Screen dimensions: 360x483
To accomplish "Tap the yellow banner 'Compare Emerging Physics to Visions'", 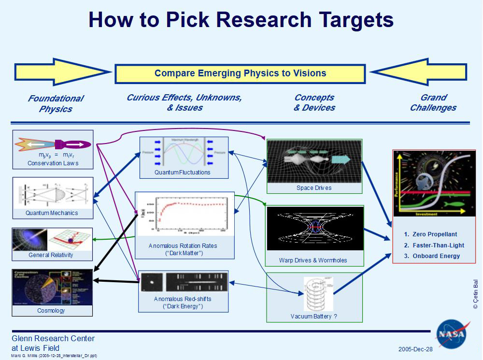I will [x=240, y=73].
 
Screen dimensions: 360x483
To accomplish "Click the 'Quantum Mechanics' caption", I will [x=52, y=213].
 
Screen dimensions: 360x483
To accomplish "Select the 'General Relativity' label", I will [x=52, y=255].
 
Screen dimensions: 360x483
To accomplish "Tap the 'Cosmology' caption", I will [x=51, y=310].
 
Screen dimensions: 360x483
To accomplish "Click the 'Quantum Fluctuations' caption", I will [x=183, y=172].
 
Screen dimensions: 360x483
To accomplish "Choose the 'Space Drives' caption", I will [x=314, y=188].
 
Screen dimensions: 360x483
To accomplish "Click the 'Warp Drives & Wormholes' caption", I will [x=313, y=260].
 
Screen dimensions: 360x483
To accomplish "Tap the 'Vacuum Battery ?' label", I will [x=314, y=317].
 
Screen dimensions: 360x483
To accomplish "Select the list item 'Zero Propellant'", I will [x=434, y=234].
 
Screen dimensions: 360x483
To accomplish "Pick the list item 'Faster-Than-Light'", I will [x=436, y=245].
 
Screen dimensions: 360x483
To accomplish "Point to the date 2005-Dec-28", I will [x=415, y=349].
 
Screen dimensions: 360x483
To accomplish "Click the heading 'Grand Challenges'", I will [x=433, y=102].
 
